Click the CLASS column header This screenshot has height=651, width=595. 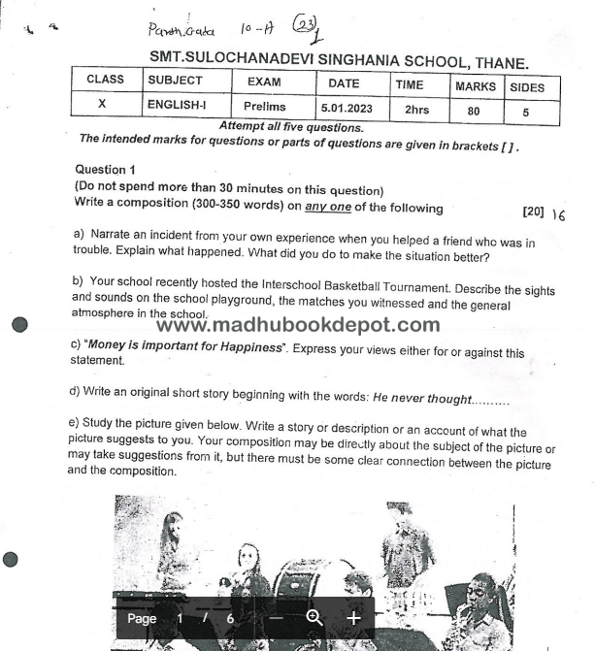105,80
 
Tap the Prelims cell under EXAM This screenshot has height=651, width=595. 264,105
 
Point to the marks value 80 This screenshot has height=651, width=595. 472,111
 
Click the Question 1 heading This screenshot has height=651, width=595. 100,169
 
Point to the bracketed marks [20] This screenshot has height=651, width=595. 533,211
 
